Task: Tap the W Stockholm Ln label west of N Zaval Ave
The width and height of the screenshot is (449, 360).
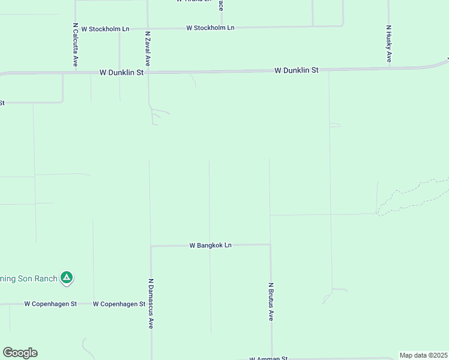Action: pyautogui.click(x=106, y=28)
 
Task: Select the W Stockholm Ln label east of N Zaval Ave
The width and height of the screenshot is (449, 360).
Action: pyautogui.click(x=210, y=28)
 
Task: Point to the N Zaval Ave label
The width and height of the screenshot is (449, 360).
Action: pyautogui.click(x=148, y=49)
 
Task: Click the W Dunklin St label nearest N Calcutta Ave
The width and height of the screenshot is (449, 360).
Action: pyautogui.click(x=122, y=72)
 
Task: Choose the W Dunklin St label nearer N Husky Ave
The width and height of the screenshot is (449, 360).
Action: pyautogui.click(x=297, y=70)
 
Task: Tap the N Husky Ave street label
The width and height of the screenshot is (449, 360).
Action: pyautogui.click(x=389, y=44)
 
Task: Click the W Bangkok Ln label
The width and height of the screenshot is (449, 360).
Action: pyautogui.click(x=210, y=245)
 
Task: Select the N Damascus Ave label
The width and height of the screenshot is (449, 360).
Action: pyautogui.click(x=151, y=303)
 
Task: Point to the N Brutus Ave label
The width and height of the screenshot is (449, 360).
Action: pyautogui.click(x=271, y=301)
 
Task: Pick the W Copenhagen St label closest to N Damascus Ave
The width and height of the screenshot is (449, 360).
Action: pyautogui.click(x=119, y=304)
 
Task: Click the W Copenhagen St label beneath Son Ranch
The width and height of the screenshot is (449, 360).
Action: pyautogui.click(x=50, y=304)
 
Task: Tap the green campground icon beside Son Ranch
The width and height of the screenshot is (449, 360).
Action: pyautogui.click(x=67, y=278)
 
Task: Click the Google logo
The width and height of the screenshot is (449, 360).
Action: pyautogui.click(x=20, y=353)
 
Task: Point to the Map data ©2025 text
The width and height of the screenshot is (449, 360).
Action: pyautogui.click(x=424, y=355)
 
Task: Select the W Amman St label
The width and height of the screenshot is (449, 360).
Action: pyautogui.click(x=268, y=358)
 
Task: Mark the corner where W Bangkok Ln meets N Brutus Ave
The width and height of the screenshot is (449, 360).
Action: pyautogui.click(x=270, y=245)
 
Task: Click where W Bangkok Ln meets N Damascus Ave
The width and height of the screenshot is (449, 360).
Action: pyautogui.click(x=151, y=246)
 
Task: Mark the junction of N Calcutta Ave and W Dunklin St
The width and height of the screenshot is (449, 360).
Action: pyautogui.click(x=76, y=73)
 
